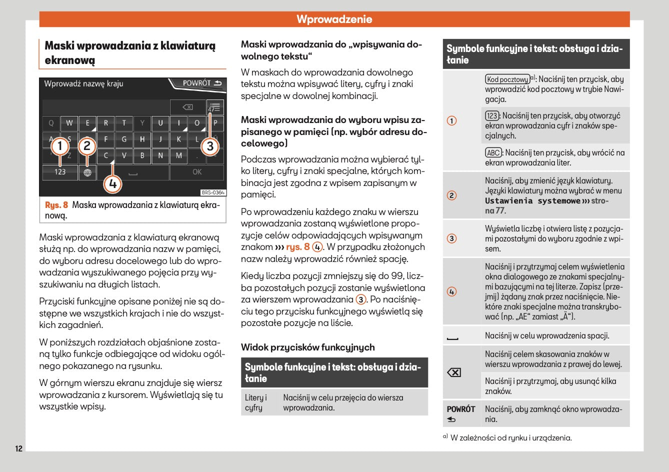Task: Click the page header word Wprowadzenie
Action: [x=334, y=19]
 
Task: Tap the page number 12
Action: [x=18, y=448]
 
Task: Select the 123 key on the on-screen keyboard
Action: [x=60, y=172]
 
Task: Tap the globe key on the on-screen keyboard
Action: [x=87, y=172]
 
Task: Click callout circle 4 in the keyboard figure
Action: [x=112, y=184]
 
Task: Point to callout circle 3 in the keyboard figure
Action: [x=210, y=146]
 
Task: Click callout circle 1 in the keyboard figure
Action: [x=60, y=146]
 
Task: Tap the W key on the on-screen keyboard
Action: [x=69, y=123]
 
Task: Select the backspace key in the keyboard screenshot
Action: [x=187, y=107]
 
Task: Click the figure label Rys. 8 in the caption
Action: [x=56, y=205]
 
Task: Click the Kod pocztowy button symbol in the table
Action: [x=507, y=79]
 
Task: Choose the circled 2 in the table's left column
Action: [x=451, y=195]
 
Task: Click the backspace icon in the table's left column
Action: [x=453, y=372]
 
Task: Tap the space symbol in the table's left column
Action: [x=452, y=338]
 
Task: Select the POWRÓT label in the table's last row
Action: [x=460, y=409]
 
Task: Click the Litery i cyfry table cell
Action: [x=256, y=402]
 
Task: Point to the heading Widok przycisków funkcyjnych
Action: [x=307, y=347]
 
